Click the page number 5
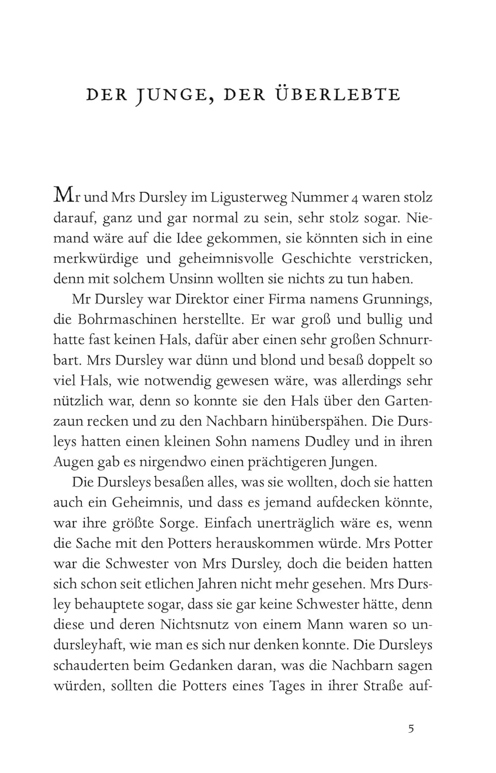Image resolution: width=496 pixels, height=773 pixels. [411, 729]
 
